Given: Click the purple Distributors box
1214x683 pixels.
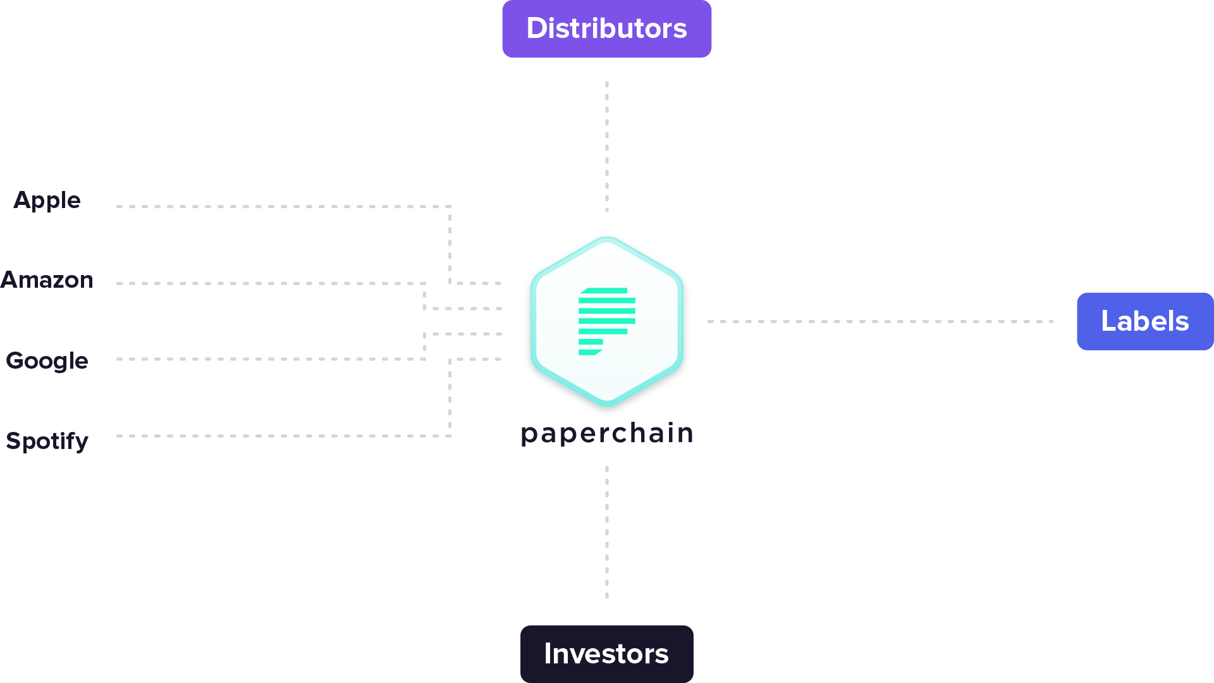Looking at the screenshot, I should point(606,29).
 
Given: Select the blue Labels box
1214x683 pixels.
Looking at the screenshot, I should point(1144,321).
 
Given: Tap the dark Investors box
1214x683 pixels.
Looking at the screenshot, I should point(606,653).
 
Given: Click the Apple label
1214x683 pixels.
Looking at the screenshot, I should point(47,200).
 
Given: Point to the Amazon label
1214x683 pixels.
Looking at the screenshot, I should point(47,280).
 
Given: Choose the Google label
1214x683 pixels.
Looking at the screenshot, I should point(47,360).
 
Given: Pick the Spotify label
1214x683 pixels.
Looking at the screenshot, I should point(47,441).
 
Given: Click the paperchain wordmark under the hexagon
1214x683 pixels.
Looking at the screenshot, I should point(606,434).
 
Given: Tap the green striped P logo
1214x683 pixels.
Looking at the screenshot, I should point(606,321).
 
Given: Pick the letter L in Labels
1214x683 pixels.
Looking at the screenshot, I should point(1108,321).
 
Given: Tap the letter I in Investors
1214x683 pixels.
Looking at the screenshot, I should point(548,653).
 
